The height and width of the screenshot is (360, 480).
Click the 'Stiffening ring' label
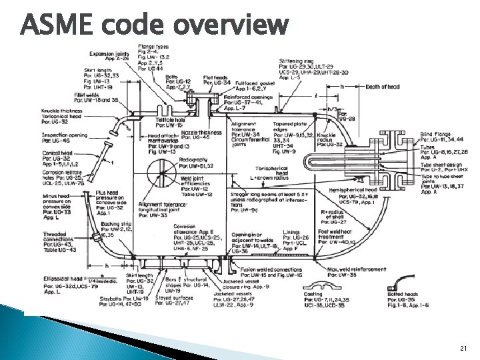(298, 61)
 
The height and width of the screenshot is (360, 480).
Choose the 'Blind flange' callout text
(435, 134)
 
